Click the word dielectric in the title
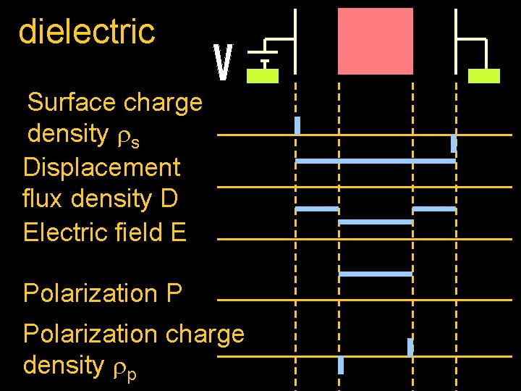point(86,31)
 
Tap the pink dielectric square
point(376,41)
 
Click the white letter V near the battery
point(224,63)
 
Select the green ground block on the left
point(263,76)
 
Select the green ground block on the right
point(484,76)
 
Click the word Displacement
point(101,167)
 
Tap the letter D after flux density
point(169,198)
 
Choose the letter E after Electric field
point(178,232)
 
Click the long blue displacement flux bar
point(376,161)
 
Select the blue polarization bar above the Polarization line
point(376,274)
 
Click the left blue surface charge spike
point(297,125)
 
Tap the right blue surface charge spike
point(454,143)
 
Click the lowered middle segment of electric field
point(376,222)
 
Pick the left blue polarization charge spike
point(341,365)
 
